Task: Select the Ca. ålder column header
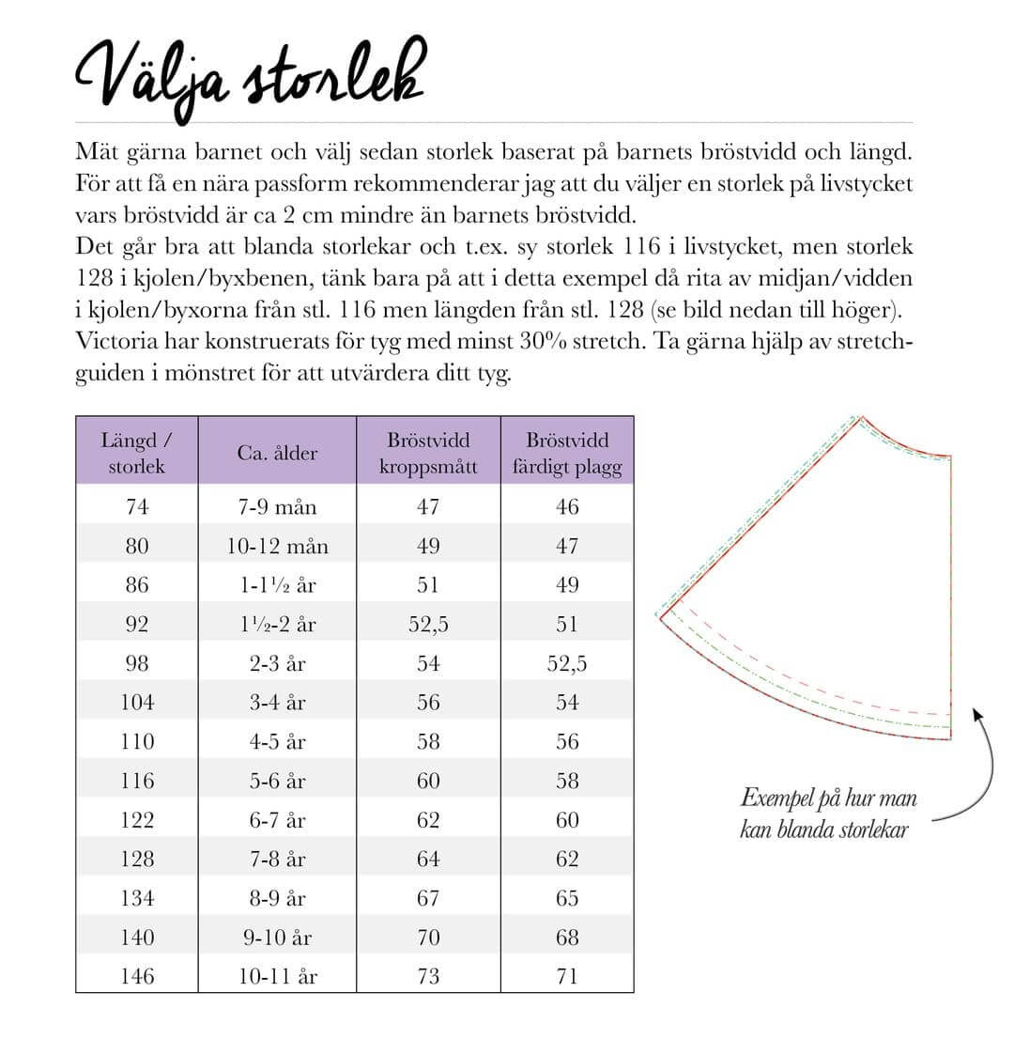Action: click(277, 454)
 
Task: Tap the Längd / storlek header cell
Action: click(137, 453)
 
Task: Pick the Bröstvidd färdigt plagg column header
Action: click(567, 453)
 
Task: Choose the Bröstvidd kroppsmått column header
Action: click(428, 453)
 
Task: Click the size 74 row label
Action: click(137, 507)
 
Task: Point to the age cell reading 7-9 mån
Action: click(277, 507)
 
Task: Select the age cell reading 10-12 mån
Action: click(277, 547)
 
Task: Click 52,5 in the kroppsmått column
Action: click(428, 625)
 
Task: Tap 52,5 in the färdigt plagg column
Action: click(567, 664)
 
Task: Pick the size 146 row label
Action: click(137, 977)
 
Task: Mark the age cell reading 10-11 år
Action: click(277, 977)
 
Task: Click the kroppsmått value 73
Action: click(428, 977)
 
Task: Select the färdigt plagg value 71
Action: click(567, 977)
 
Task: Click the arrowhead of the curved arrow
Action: click(977, 714)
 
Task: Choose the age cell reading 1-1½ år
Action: click(277, 585)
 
